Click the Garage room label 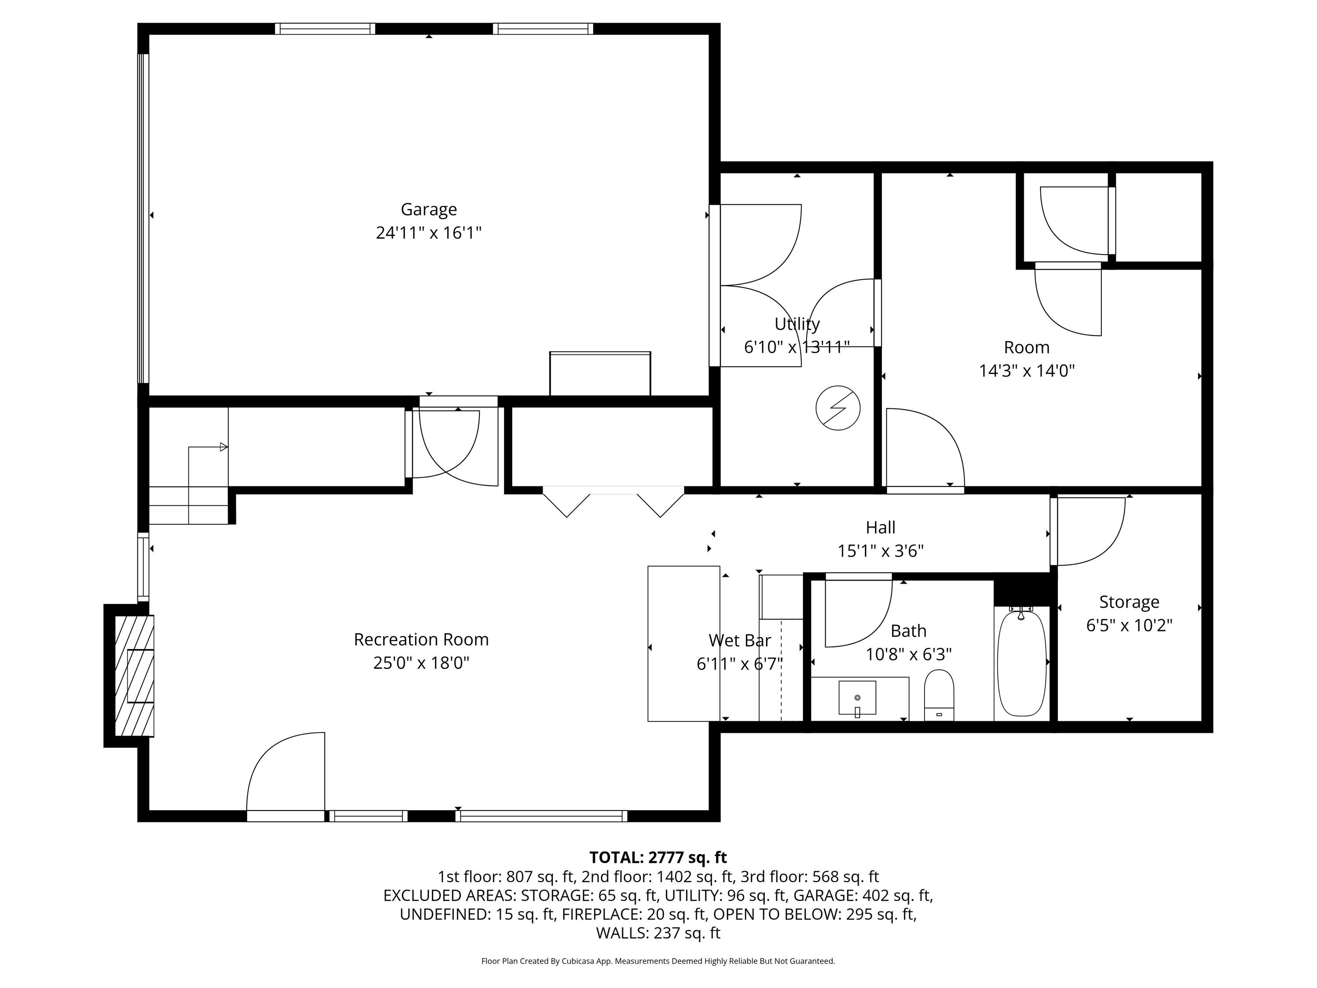click(x=428, y=209)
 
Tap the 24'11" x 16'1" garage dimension click(x=428, y=233)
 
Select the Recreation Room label click(x=421, y=640)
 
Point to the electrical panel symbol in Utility click(x=838, y=408)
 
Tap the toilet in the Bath click(x=939, y=695)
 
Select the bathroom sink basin click(x=857, y=697)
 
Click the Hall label click(x=881, y=528)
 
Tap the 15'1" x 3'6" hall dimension click(x=881, y=551)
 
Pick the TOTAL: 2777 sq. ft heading click(x=658, y=858)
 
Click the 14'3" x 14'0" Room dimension click(x=1027, y=371)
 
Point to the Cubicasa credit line click(x=658, y=961)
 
